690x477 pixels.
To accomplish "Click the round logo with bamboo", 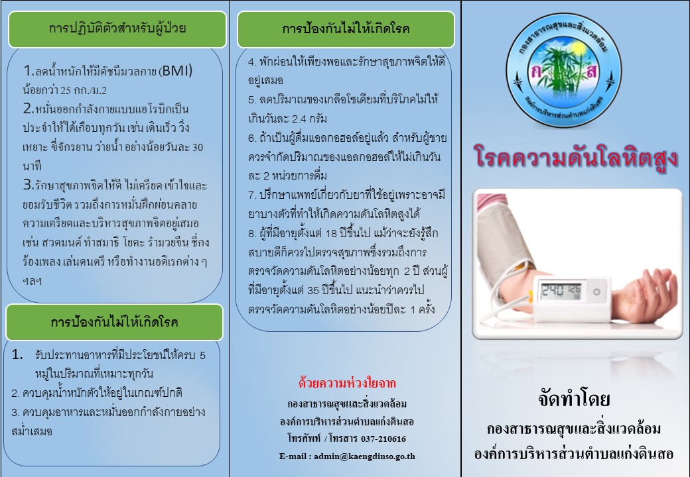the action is coord(563,70).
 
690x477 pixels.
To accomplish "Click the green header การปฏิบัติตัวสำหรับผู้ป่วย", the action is coord(117,29).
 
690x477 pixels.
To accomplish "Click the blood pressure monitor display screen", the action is coord(561,290).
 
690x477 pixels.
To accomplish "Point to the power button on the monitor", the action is coord(596,291).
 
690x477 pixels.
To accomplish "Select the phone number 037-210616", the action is coord(383,439).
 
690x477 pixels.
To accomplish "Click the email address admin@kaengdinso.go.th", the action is coord(364,456).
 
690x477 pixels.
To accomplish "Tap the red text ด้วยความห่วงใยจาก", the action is coord(347,383).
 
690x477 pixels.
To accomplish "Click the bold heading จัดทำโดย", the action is coord(574,399).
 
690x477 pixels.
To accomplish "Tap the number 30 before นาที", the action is coord(198,147).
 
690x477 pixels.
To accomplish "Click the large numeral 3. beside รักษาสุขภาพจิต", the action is coord(29,184).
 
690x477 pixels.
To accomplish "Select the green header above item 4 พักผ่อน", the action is coord(346,29).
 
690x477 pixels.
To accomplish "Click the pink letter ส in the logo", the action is coord(591,71).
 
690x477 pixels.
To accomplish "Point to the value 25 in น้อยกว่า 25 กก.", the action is coord(66,91).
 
